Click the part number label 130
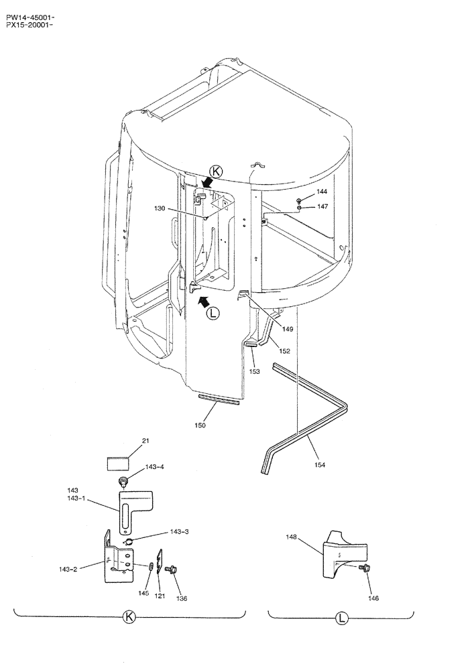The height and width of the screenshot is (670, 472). pyautogui.click(x=159, y=209)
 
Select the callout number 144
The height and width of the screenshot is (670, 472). pyautogui.click(x=322, y=192)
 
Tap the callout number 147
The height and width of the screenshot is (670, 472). pyautogui.click(x=322, y=207)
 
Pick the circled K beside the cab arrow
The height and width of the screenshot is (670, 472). pyautogui.click(x=216, y=171)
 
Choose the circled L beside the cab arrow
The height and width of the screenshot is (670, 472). pyautogui.click(x=213, y=312)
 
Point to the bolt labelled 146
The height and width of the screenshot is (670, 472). pyautogui.click(x=366, y=567)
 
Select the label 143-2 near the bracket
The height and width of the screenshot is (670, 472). pyautogui.click(x=68, y=569)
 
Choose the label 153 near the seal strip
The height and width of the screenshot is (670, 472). pyautogui.click(x=254, y=371)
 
